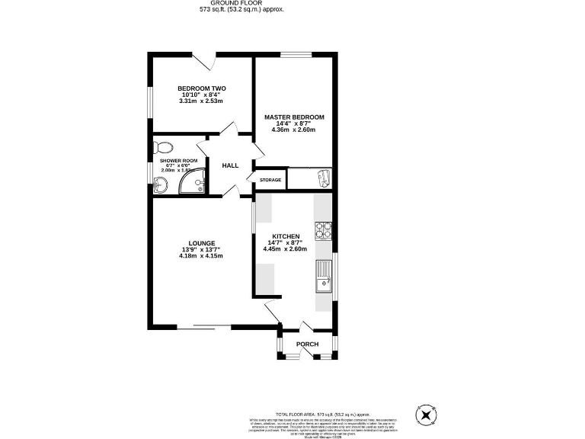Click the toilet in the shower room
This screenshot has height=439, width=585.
163,147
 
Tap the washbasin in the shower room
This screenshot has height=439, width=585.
161,184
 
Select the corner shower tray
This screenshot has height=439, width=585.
194,181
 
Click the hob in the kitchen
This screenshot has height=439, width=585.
323,229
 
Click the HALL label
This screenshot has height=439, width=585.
230,165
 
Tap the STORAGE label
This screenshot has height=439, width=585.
270,180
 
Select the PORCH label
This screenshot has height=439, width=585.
307,344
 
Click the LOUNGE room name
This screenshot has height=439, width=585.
202,243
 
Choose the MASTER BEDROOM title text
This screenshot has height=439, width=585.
294,117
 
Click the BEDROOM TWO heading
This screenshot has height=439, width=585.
201,88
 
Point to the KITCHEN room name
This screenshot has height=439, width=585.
284,236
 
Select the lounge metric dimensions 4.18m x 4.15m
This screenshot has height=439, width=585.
201,256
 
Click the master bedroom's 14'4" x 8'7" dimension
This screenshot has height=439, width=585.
294,123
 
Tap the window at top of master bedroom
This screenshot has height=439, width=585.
295,54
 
